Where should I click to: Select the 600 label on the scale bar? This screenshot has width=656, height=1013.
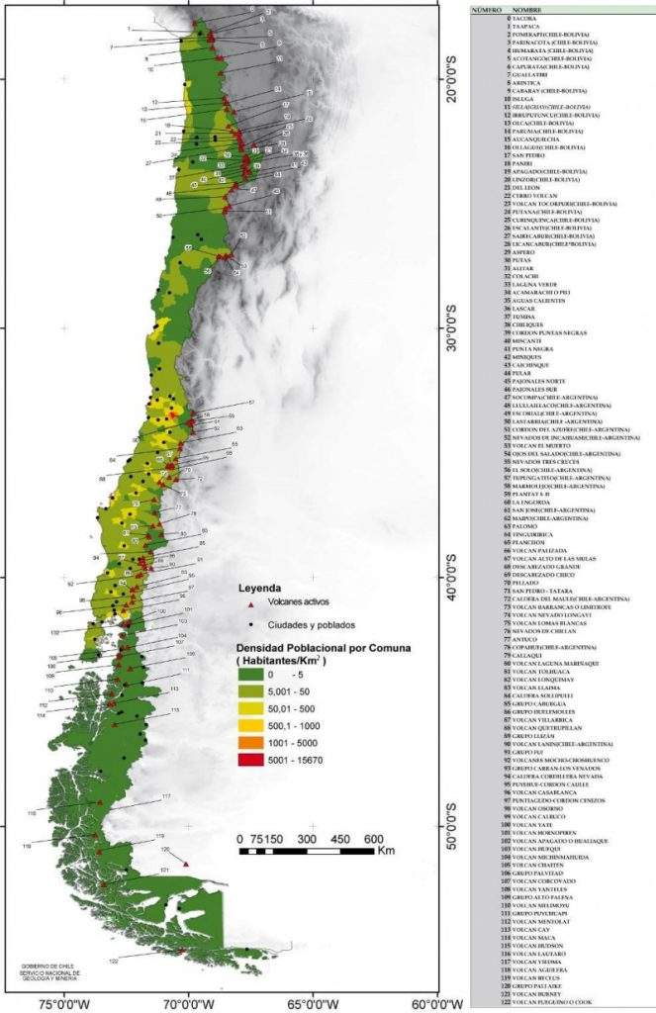[373, 838]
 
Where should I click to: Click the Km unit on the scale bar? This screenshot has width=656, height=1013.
[386, 851]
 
